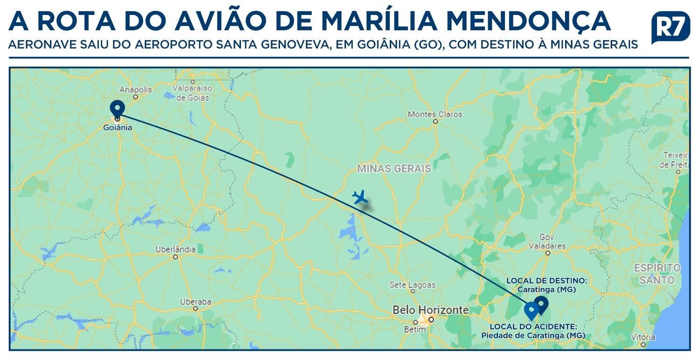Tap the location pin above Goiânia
pos(117,108)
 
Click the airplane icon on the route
pos(359,197)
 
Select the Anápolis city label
pos(136,89)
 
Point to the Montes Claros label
pos(435,114)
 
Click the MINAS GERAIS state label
pos(394,169)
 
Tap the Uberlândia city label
pos(175,249)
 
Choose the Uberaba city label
pos(196,302)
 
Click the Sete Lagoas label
pos(413,284)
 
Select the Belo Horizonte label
pos(430,310)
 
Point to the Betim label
pos(415,330)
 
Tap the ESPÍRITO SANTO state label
pos(657,274)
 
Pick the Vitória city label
pos(643,337)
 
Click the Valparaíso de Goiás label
pos(193,92)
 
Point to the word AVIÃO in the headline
pos(221,21)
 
